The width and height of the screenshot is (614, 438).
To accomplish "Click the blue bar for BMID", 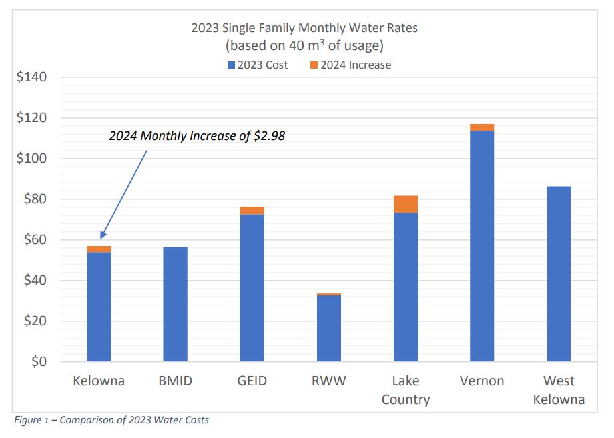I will pos(175,304).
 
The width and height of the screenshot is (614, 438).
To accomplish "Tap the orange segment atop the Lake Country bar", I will pos(406,204).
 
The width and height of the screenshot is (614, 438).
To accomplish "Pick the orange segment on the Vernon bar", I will pos(482,127).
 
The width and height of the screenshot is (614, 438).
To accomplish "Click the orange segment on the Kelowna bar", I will pos(99,249).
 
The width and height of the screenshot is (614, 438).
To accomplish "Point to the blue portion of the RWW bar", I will pos(328,328).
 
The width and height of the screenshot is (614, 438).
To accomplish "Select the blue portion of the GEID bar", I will pos(252,288).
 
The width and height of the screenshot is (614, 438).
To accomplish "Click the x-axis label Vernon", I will pos(482,381).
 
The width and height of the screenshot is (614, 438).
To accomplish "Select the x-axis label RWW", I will pos(328,381).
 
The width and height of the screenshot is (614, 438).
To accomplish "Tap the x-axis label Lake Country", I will pos(406,390).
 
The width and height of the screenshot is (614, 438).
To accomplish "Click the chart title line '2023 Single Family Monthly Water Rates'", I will pos(304,29).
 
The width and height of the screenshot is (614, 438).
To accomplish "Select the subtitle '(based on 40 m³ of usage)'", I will pos(304,46).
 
